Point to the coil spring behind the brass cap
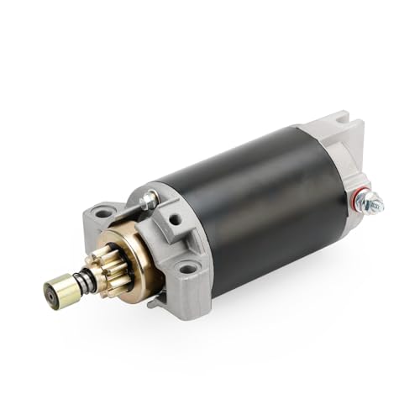coord(83,280)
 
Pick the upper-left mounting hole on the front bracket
coord(103,215)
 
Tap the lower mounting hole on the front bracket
coord(186,270)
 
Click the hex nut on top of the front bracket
coord(150,201)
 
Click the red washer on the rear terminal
coord(359,199)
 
